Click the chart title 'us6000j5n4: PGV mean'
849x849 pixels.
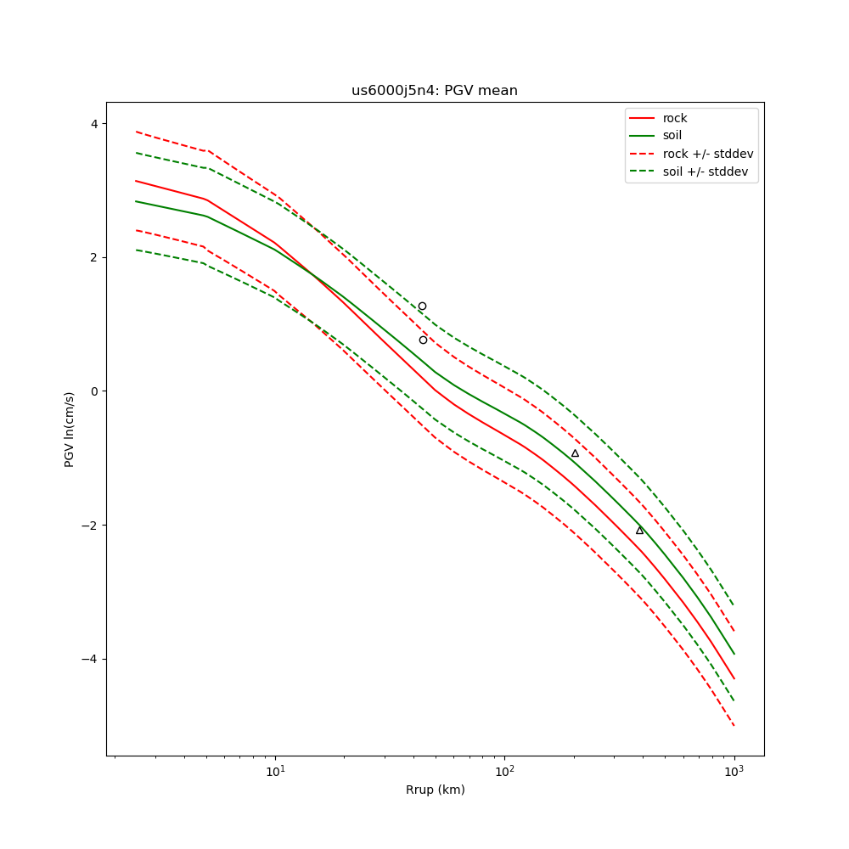coord(434,91)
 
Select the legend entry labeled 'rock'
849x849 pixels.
coord(675,118)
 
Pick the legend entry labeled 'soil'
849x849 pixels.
coord(672,136)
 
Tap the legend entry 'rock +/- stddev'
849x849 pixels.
coord(708,154)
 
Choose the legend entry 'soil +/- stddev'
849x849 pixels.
coord(708,171)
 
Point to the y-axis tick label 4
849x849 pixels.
coord(94,123)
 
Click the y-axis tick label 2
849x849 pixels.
coord(94,257)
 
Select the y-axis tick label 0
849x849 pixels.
coord(94,391)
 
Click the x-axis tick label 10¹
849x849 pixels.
coord(275,771)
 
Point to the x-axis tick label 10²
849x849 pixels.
coord(504,771)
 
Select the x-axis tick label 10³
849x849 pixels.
coord(734,771)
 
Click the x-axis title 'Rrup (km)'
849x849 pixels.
coord(435,790)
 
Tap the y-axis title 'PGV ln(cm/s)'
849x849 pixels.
coord(70,429)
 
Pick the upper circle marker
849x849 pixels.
coord(422,306)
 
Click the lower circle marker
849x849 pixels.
coord(423,340)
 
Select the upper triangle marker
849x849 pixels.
coord(575,453)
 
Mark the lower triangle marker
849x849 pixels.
coord(639,531)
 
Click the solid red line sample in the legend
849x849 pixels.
coord(643,118)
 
